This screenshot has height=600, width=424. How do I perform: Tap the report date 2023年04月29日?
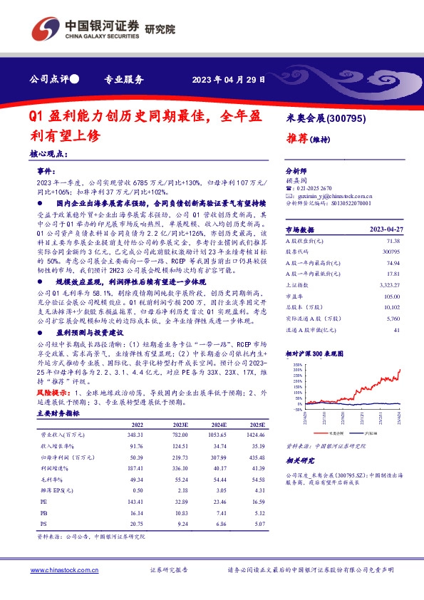[229, 80]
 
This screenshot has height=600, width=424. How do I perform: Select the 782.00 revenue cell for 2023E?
[177, 434]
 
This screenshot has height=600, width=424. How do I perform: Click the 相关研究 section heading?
[301, 462]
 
